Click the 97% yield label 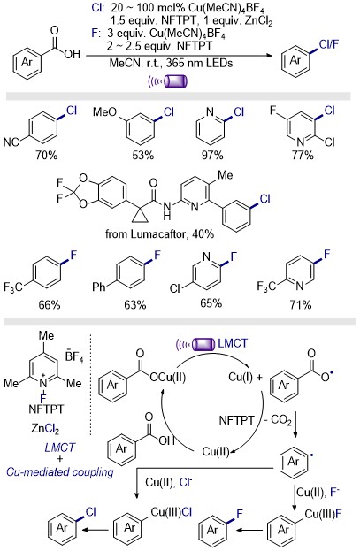pos(212,155)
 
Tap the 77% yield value pos(302,155)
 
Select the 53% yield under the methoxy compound pos(142,155)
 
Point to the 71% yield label pos(301,304)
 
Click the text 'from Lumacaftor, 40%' pos(159,233)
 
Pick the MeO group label pos(104,112)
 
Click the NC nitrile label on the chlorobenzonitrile pos(11,142)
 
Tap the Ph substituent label pos(99,287)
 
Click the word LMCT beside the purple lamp pos(233,343)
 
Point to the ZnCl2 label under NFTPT pos(45,429)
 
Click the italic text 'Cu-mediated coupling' pos(60,471)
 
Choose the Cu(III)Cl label pos(172,512)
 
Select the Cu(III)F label pos(323,514)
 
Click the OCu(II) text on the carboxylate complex pos(167,378)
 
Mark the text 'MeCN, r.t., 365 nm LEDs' pos(172,64)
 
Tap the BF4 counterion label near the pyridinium pos(74,356)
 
